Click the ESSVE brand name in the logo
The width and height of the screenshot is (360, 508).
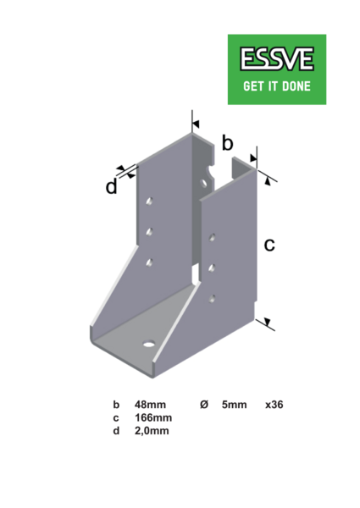277,59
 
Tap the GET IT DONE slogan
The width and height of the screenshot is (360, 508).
277,86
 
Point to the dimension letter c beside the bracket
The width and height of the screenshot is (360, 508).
269,245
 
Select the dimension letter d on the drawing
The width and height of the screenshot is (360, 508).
112,186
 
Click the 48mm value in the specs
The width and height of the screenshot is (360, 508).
150,405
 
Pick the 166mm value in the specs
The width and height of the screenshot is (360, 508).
153,417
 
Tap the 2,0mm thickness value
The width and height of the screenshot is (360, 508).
152,431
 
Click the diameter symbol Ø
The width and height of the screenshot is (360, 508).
204,405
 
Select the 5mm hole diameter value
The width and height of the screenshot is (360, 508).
235,405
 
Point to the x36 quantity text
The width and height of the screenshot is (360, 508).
274,405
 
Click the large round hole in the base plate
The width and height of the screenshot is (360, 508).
149,343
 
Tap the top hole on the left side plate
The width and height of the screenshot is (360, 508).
149,202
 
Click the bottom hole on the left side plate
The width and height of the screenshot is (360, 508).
149,262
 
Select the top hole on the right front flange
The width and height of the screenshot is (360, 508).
212,237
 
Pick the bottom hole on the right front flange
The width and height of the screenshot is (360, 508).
212,299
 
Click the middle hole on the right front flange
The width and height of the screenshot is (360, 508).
212,268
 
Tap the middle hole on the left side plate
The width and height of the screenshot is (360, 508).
149,232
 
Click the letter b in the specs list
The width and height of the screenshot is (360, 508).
116,405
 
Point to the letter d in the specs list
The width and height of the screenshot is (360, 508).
116,431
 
